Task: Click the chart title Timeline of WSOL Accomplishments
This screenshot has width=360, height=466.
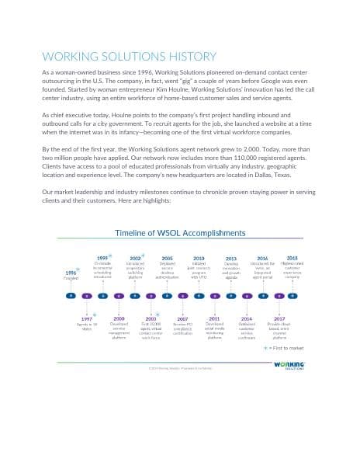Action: point(179,233)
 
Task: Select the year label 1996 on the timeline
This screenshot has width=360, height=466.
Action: point(71,272)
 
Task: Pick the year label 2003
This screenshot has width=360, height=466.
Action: point(151,318)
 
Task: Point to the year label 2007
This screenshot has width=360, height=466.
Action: point(182,318)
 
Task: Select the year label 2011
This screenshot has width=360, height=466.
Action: point(214,318)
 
